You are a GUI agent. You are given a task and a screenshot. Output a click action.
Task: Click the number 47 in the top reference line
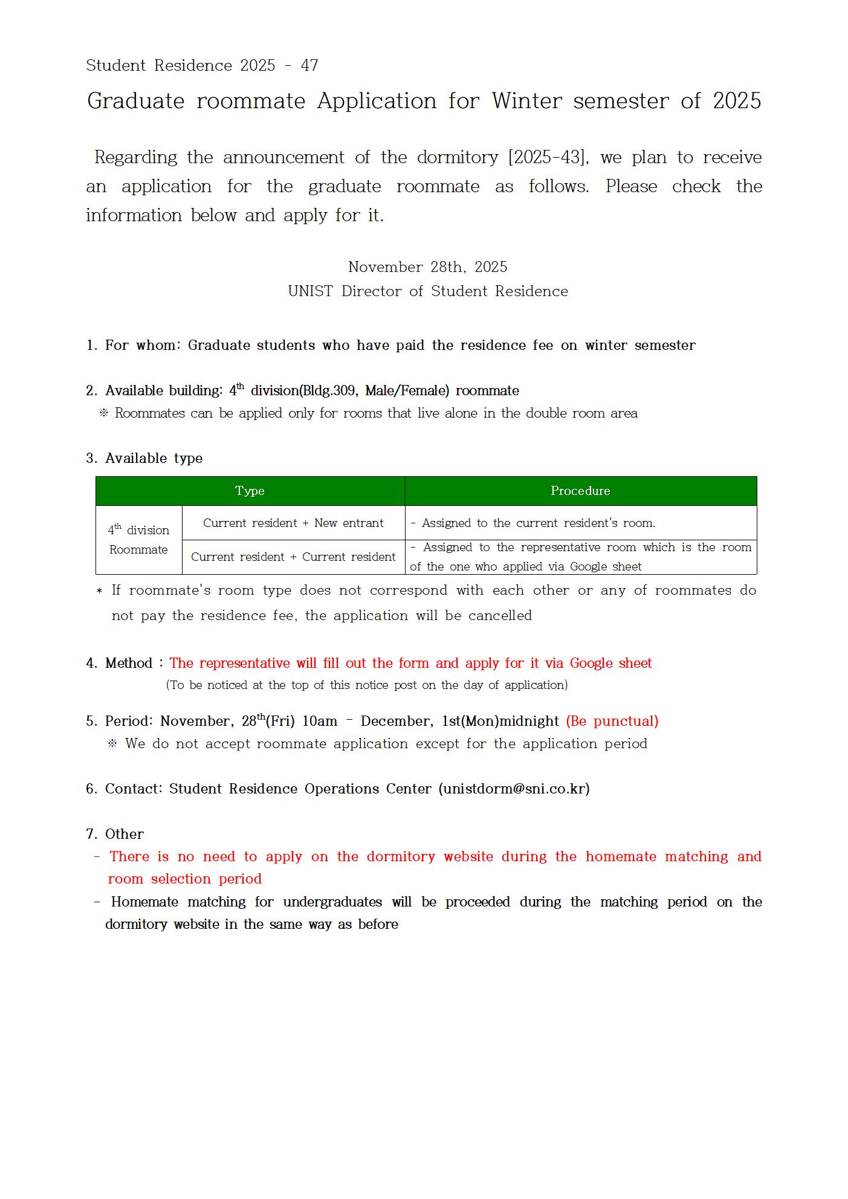coord(309,65)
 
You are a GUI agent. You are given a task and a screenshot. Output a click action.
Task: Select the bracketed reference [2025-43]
coord(548,158)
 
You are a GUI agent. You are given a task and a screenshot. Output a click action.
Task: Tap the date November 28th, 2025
coord(427,267)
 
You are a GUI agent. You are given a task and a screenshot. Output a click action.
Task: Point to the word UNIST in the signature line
coord(310,291)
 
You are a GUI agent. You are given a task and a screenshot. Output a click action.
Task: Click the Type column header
coord(250,491)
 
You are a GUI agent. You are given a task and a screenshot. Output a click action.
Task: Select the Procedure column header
coord(580,491)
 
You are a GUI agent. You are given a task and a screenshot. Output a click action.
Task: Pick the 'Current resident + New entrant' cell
coord(293,523)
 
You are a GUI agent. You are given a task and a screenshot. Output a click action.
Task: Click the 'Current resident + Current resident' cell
coord(293,557)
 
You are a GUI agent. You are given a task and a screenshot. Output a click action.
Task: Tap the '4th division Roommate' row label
coord(138,540)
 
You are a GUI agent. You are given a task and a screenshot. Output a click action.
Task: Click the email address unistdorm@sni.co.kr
coord(514,789)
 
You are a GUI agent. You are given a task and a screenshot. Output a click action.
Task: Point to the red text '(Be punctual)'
coord(612,721)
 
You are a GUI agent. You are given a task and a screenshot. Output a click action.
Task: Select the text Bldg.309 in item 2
coord(330,391)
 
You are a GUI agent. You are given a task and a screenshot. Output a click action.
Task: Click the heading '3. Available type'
coord(144,458)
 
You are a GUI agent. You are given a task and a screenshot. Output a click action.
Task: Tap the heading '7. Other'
coord(115,834)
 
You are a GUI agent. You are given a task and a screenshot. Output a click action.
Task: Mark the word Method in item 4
coord(129,663)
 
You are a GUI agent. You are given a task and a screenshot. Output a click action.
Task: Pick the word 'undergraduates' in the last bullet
coord(332,902)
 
